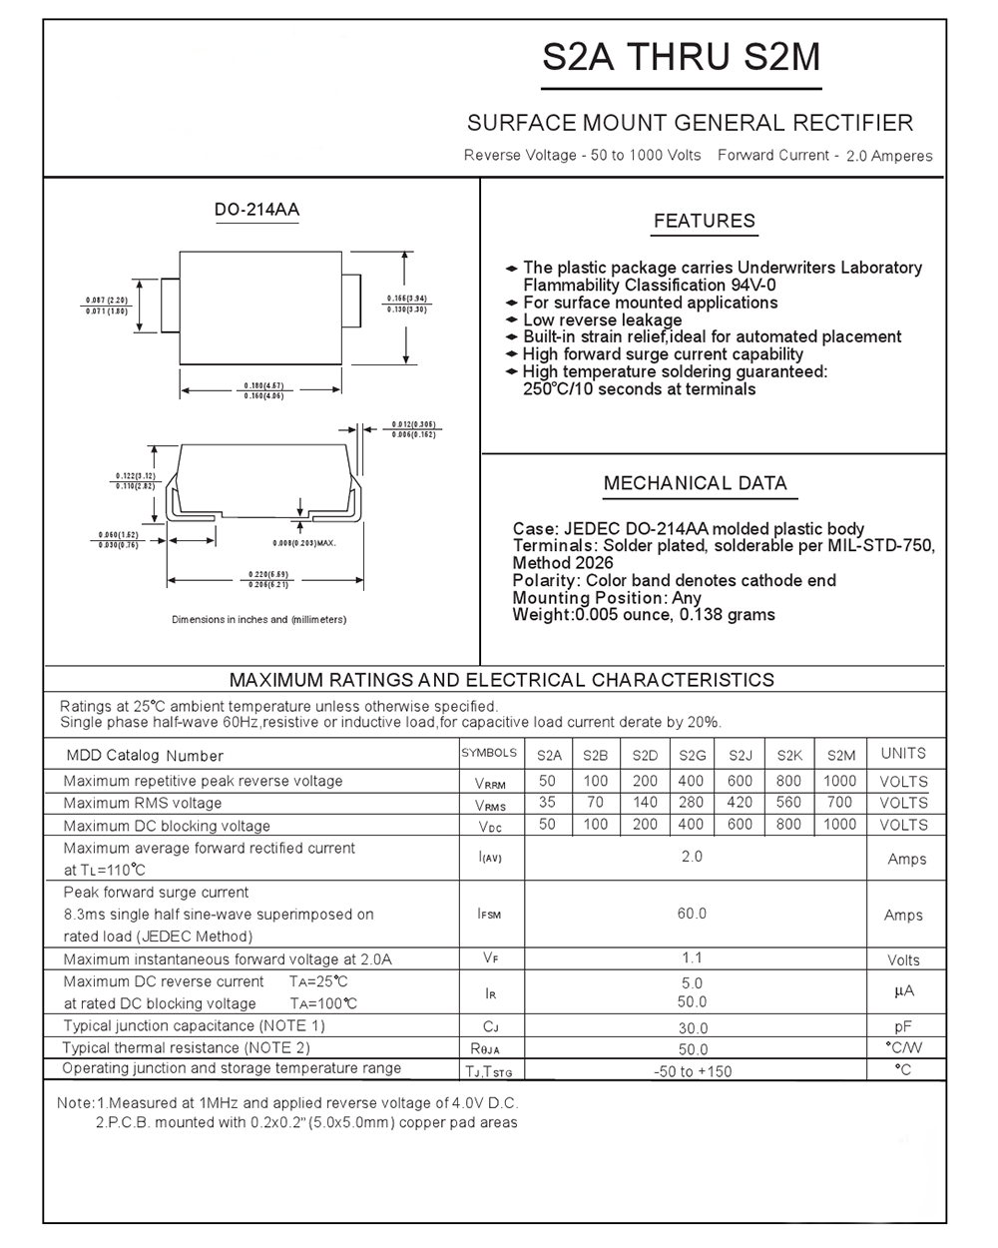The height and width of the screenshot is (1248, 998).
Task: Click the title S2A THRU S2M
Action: [681, 57]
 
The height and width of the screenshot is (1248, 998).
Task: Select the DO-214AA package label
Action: [256, 210]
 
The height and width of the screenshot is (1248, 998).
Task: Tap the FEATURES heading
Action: [704, 221]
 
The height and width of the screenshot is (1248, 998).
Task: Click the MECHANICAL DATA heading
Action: [695, 483]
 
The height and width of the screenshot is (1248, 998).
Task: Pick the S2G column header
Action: [692, 756]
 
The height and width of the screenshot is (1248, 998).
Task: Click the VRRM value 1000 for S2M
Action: [839, 781]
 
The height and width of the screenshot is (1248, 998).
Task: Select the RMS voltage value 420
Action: [740, 802]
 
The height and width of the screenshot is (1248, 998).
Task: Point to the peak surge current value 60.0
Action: [692, 914]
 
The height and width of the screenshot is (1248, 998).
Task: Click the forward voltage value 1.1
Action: [692, 958]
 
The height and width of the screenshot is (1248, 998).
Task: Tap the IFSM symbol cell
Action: [489, 914]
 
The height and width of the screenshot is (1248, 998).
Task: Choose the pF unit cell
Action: [903, 1026]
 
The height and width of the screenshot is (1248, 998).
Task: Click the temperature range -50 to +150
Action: [692, 1071]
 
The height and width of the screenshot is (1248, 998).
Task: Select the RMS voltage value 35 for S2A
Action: [547, 802]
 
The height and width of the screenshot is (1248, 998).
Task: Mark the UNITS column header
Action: [903, 754]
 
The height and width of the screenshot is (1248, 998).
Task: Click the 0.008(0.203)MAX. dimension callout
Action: [303, 542]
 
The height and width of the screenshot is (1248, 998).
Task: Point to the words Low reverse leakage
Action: [602, 319]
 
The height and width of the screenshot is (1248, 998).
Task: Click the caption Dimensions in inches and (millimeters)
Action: [258, 620]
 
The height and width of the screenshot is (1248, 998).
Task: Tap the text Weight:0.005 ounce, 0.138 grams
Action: [643, 615]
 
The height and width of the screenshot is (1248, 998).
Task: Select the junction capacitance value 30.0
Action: [692, 1027]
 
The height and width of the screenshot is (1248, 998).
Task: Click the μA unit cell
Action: [903, 991]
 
